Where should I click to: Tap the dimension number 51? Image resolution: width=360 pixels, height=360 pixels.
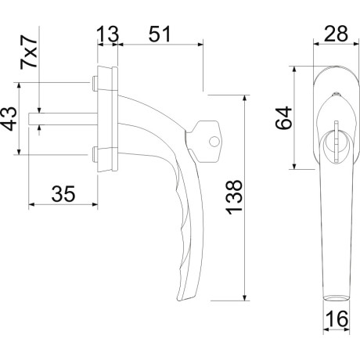[x=160, y=34]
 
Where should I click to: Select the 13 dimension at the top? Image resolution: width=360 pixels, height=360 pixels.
[x=108, y=34]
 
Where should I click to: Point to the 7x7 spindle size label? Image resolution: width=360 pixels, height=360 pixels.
[x=29, y=52]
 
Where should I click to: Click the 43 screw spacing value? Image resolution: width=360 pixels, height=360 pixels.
[x=9, y=119]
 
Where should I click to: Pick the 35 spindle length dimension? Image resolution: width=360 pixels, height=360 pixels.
[x=63, y=194]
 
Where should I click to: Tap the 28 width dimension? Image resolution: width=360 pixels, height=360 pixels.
[x=336, y=34]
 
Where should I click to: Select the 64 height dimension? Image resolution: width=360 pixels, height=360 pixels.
[x=283, y=117]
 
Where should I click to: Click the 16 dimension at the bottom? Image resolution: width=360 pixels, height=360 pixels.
[x=337, y=319]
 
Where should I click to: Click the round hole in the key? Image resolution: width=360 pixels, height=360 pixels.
[x=214, y=142]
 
